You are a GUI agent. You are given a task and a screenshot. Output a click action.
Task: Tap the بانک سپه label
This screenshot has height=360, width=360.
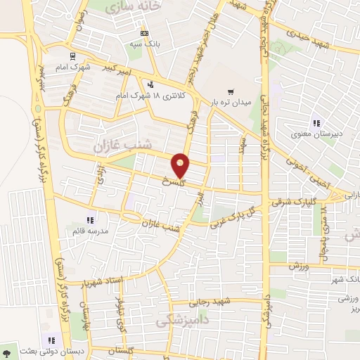pos(144,44)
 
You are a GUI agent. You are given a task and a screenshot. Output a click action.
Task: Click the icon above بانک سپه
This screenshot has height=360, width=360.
pos(144,33)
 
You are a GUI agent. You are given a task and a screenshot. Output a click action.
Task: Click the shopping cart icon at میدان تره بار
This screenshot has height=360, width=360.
pos(230,92)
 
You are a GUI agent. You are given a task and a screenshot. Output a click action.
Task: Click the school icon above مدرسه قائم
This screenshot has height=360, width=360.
pos(89,219)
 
